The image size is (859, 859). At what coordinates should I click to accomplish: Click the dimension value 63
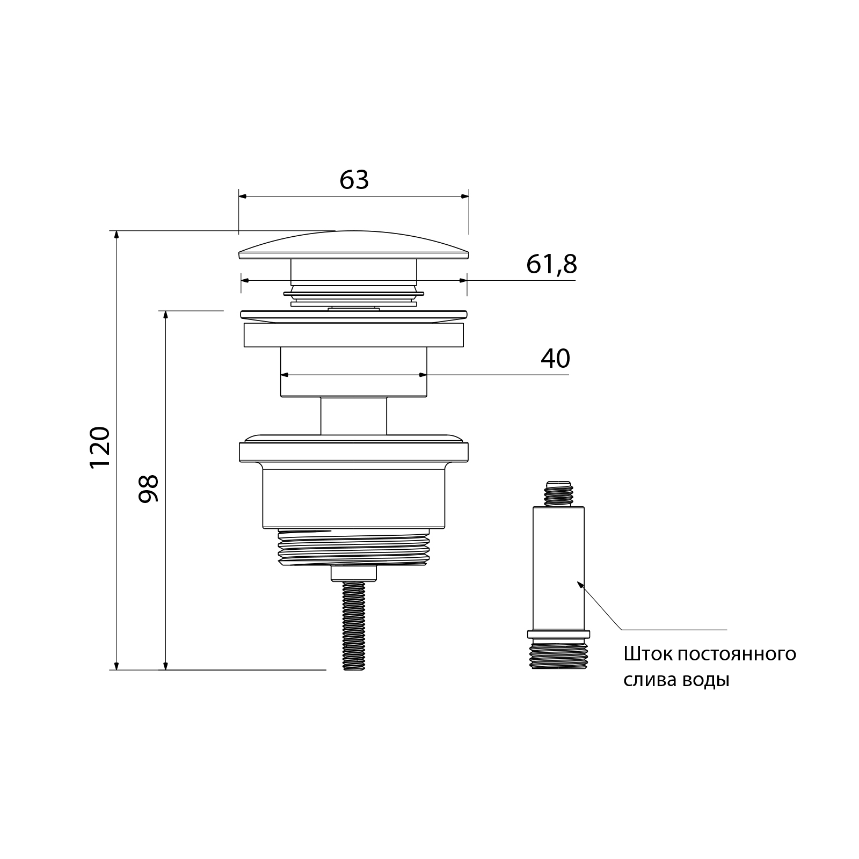[x=354, y=180]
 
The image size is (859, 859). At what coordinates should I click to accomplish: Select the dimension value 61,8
[x=551, y=264]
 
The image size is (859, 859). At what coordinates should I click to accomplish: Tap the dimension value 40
[x=556, y=359]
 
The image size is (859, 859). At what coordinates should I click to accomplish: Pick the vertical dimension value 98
[x=149, y=488]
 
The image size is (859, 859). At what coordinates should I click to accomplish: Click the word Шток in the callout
[x=647, y=654]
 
